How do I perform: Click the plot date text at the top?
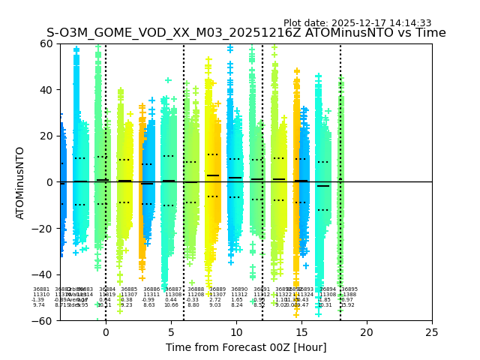click(x=357, y=23)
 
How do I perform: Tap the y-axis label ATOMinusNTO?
click(x=21, y=182)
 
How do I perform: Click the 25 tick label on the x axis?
click(x=432, y=332)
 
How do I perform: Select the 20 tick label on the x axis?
click(x=367, y=332)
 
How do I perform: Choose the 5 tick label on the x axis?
click(x=171, y=332)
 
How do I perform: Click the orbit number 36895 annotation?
click(x=349, y=289)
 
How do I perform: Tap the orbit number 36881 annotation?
click(x=41, y=289)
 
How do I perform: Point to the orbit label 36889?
click(x=217, y=289)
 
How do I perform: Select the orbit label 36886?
click(x=151, y=289)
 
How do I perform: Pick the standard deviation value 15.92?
click(x=348, y=305)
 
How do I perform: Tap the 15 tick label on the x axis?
click(x=301, y=332)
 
